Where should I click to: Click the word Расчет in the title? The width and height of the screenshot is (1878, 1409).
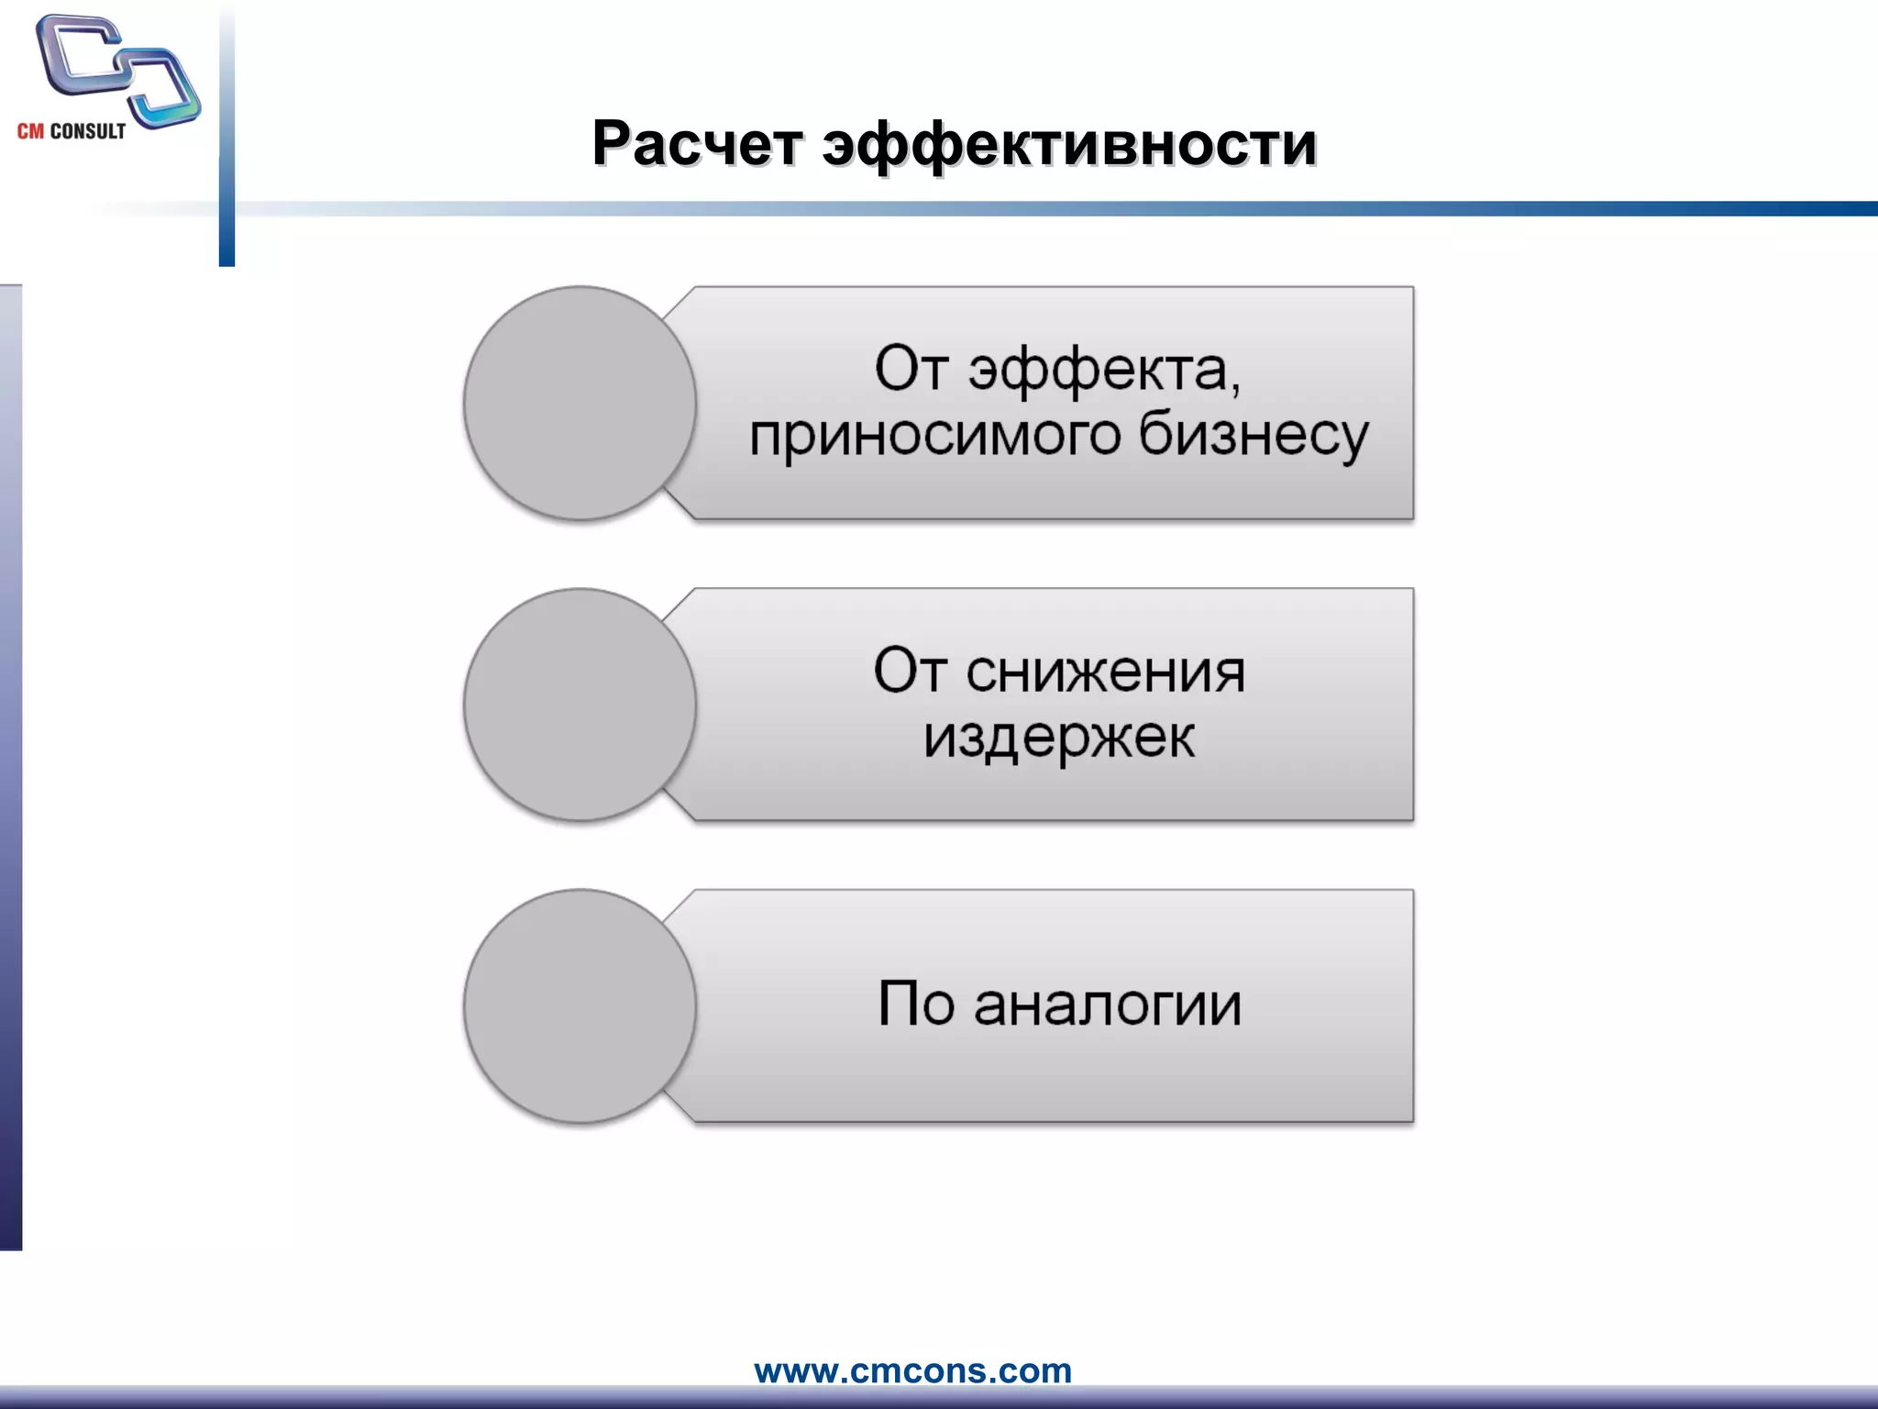[x=697, y=144]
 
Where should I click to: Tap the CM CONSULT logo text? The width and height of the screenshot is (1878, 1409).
[x=72, y=131]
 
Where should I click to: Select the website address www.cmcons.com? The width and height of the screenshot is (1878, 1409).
[x=912, y=1370]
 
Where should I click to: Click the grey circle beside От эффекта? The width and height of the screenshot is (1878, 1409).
[x=580, y=404]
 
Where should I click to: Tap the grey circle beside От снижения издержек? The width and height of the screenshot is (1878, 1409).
[x=580, y=704]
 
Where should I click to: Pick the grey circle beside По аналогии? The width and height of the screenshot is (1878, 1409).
[x=580, y=1006]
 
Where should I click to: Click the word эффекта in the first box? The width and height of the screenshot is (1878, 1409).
[x=1104, y=371]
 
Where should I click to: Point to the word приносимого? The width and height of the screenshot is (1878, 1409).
[x=934, y=436]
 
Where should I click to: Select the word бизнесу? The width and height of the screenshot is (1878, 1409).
[x=1254, y=436]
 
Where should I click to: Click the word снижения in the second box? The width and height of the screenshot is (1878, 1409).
[x=1105, y=672]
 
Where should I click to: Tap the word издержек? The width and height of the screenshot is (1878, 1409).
[x=1059, y=737]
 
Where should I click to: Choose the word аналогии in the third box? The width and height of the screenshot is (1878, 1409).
[x=1108, y=1004]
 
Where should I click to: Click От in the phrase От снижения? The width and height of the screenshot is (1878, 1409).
[x=910, y=671]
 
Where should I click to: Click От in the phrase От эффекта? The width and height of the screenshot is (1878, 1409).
[x=911, y=370]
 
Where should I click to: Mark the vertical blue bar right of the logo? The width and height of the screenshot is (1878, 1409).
[x=226, y=138]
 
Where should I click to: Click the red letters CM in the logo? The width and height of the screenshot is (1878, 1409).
[x=30, y=131]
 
